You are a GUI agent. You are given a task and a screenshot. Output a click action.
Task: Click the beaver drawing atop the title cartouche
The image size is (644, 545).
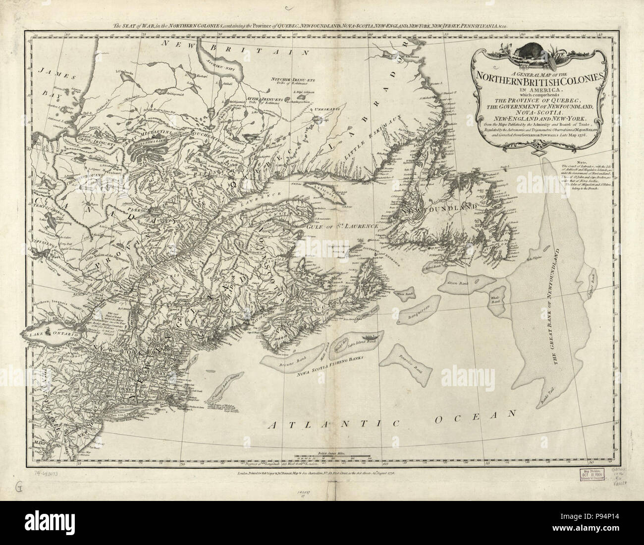click(529, 51)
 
